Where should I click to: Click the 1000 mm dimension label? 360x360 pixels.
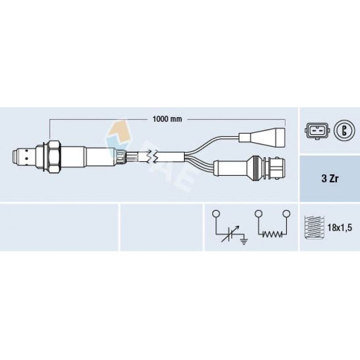coord(167,119)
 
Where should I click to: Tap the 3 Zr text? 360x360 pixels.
coord(330,179)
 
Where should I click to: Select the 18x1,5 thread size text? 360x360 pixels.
coord(339,228)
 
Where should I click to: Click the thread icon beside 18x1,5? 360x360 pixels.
coord(314,228)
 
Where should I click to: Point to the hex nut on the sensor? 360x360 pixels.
coord(54,157)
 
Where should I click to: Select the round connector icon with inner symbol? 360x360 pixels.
coord(344,131)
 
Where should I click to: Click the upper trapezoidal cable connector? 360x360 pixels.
coord(268,138)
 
